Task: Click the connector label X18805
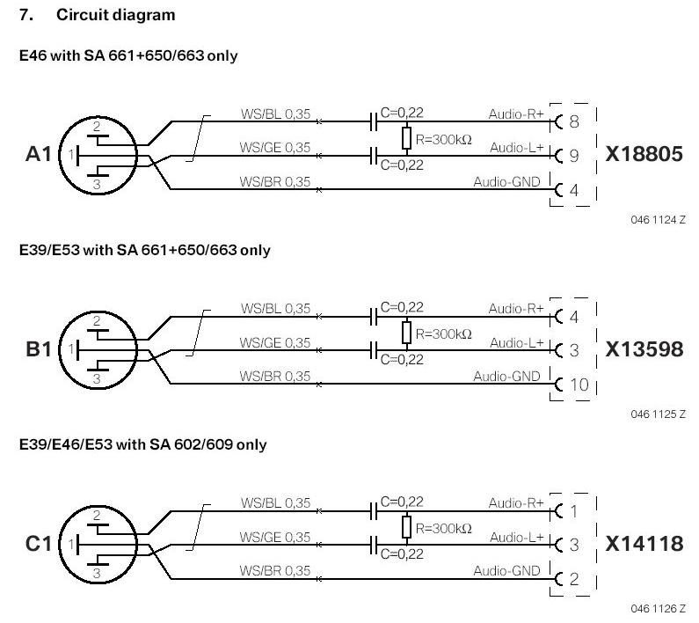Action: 644,154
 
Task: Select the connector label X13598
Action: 644,349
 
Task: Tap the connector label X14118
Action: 644,544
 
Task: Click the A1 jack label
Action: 39,154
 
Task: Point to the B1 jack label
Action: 39,349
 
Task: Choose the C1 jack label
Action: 39,544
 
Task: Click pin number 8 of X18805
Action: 574,121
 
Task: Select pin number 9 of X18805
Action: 574,156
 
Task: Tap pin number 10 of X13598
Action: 579,385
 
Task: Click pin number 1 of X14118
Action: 574,511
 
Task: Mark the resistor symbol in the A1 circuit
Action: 406,138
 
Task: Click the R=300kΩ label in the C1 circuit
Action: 443,529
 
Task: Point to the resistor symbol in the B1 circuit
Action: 406,333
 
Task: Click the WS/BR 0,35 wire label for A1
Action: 274,181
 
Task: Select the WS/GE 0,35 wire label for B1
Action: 274,343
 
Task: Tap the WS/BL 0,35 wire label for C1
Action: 275,503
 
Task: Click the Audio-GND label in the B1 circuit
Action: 506,377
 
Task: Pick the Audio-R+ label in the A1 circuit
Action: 516,114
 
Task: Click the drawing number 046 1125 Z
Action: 658,414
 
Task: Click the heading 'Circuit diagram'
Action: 115,15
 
